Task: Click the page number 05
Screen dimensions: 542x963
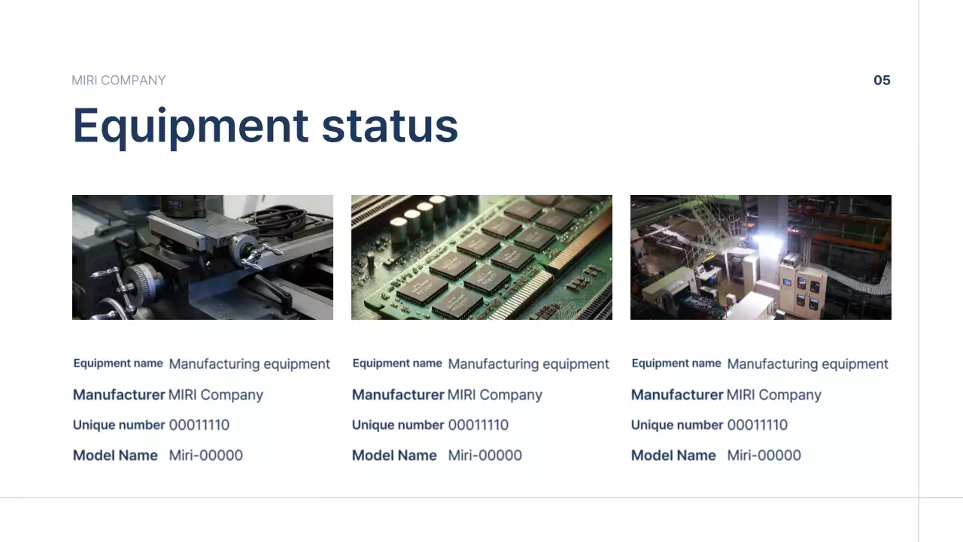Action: click(x=882, y=81)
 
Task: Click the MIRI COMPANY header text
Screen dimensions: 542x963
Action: click(x=118, y=81)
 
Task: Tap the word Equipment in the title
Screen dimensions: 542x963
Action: click(x=190, y=126)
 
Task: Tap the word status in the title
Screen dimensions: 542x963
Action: click(x=390, y=126)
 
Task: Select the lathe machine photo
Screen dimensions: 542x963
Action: click(x=202, y=257)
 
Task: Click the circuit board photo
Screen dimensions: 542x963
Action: click(x=481, y=257)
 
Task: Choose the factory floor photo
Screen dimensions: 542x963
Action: click(x=761, y=257)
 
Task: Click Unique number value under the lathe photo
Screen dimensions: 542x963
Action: click(x=199, y=425)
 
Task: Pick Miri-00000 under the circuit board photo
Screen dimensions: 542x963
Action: click(x=485, y=455)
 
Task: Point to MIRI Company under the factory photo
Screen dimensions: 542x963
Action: click(x=773, y=395)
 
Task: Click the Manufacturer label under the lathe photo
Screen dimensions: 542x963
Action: click(x=119, y=395)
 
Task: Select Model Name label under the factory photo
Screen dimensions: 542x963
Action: click(x=673, y=455)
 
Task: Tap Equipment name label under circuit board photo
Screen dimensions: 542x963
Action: click(x=397, y=364)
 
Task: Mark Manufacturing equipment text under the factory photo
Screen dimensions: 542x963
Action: click(x=807, y=364)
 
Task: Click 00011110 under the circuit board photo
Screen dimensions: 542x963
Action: click(x=478, y=425)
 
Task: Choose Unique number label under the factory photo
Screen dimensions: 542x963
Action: click(x=676, y=425)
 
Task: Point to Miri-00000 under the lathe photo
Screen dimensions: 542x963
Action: click(x=205, y=455)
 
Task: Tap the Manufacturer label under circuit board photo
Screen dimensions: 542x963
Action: click(x=398, y=395)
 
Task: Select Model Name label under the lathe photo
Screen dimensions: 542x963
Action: click(x=115, y=455)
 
